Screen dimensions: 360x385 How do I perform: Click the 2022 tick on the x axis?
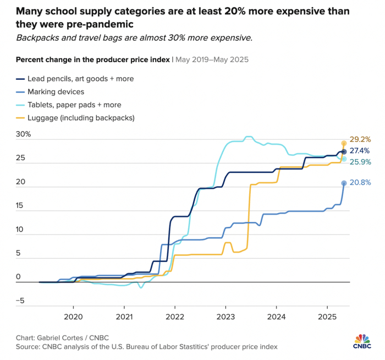tap(175, 317)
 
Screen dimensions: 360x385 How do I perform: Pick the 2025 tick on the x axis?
tap(327, 317)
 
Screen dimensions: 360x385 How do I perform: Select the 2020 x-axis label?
tap(73, 317)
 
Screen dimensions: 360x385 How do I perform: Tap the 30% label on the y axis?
tap(24, 135)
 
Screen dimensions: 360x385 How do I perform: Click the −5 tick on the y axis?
tap(21, 301)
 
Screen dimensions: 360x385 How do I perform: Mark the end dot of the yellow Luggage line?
tap(344, 143)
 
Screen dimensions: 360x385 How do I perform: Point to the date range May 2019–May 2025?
tap(216, 59)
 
